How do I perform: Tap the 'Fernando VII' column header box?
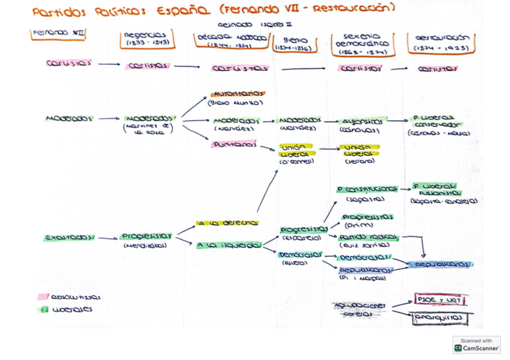click(x=57, y=34)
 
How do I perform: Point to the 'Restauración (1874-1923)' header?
click(x=441, y=41)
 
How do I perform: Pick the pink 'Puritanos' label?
click(x=234, y=144)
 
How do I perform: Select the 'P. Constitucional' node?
click(x=367, y=189)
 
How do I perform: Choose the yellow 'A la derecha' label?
click(x=227, y=223)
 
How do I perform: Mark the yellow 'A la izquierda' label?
click(x=228, y=245)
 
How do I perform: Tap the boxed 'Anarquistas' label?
click(x=440, y=318)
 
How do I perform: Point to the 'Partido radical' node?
click(x=368, y=237)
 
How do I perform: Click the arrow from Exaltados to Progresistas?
click(x=108, y=239)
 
